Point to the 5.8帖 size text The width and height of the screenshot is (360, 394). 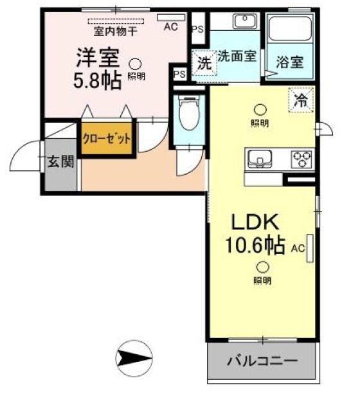tap(98, 82)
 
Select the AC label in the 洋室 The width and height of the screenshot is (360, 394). tap(170, 27)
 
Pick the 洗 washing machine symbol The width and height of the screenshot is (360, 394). tap(203, 63)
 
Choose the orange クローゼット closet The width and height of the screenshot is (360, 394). tap(107, 138)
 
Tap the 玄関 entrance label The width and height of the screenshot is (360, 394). tap(60, 161)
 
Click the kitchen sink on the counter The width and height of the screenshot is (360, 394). tap(259, 157)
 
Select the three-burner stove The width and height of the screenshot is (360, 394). tap(301, 157)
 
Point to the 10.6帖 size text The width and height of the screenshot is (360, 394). tap(255, 246)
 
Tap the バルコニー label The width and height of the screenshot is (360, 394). tap(262, 361)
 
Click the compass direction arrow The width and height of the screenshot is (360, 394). tap(133, 357)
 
